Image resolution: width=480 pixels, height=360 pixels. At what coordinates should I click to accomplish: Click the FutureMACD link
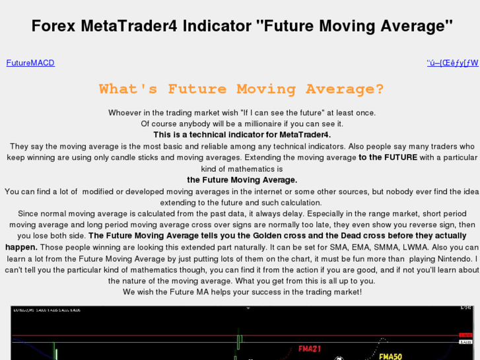click(30, 63)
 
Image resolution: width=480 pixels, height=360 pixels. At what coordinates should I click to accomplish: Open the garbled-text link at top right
click(452, 63)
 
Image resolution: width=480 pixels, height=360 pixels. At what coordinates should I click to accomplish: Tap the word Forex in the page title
click(53, 26)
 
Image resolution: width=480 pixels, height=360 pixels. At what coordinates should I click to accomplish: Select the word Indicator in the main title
click(216, 26)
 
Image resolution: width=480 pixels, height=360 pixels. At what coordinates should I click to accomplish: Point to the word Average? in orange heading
click(345, 89)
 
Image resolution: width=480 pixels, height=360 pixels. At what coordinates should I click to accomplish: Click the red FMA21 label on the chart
click(310, 348)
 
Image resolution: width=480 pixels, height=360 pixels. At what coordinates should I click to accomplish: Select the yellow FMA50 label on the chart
click(390, 356)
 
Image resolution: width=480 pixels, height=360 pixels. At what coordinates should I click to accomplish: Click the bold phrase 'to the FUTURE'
click(388, 157)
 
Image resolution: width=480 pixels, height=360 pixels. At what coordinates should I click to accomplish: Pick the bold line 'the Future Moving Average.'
click(242, 180)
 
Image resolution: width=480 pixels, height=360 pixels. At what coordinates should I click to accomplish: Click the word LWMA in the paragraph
click(415, 247)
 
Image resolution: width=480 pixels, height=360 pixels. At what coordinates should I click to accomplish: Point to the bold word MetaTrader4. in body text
click(305, 135)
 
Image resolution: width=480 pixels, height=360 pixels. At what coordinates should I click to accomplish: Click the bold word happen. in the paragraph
click(21, 247)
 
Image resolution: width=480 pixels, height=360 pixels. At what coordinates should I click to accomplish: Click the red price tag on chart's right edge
click(466, 335)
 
